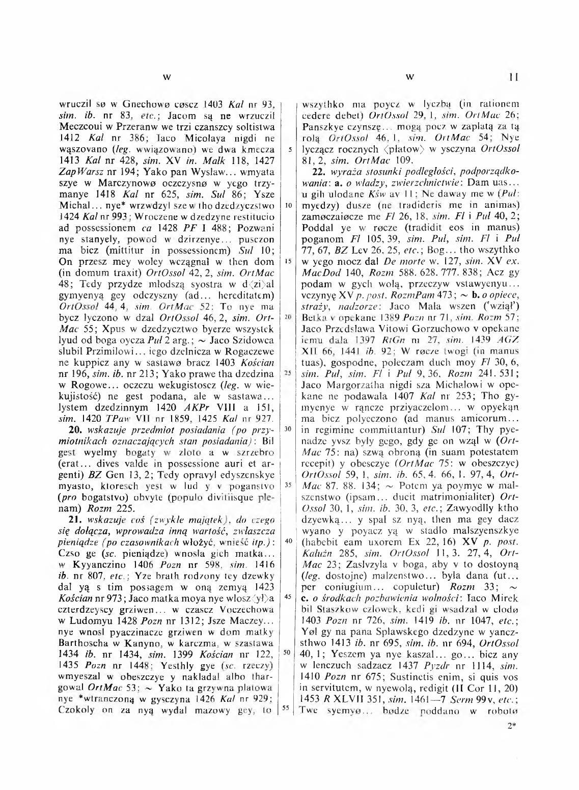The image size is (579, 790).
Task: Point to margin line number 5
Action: click(x=289, y=149)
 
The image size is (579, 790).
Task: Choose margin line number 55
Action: click(x=288, y=708)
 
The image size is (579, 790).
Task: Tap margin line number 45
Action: click(x=288, y=596)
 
